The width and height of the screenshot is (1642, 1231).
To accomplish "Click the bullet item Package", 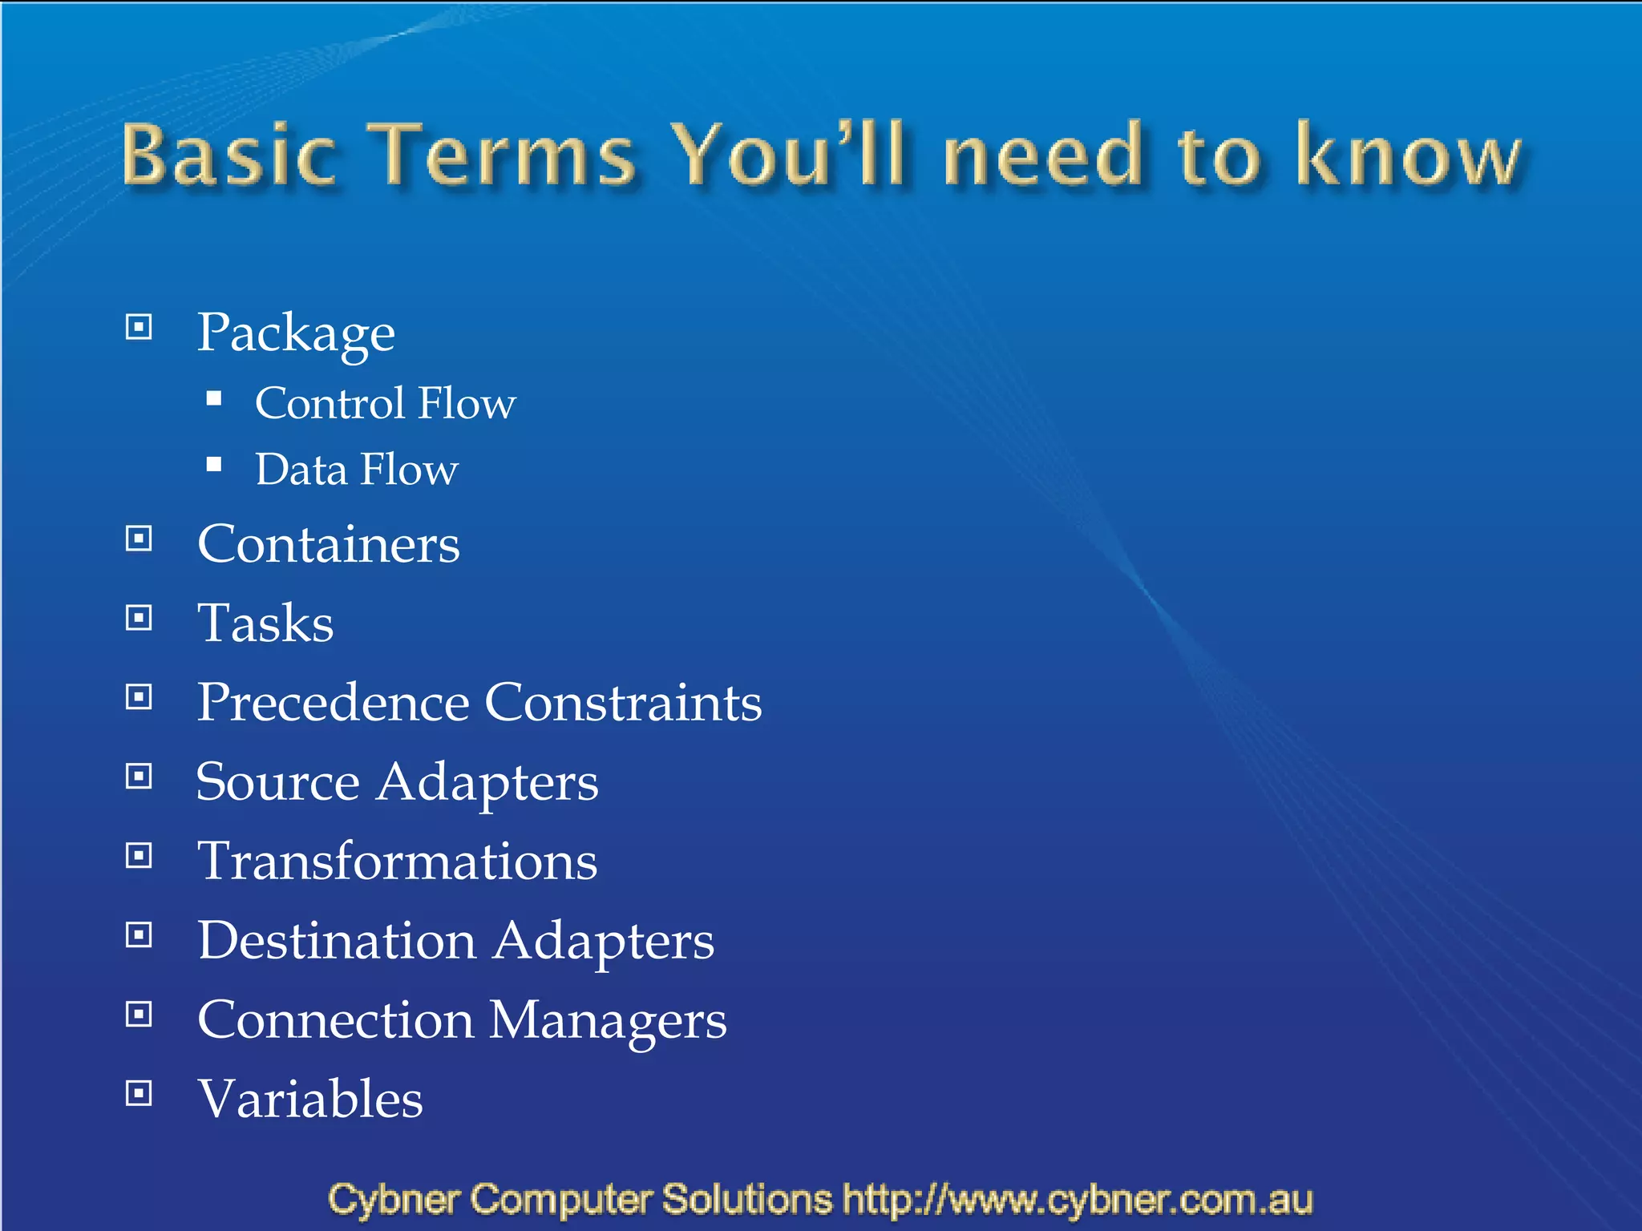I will tap(296, 333).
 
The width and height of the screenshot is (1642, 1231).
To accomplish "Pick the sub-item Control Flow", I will tap(385, 403).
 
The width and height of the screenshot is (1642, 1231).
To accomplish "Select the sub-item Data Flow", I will tap(357, 470).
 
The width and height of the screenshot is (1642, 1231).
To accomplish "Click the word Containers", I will tap(329, 545).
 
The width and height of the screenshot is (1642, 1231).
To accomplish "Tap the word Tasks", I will tap(265, 624).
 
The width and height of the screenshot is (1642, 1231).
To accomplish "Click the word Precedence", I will tap(333, 703).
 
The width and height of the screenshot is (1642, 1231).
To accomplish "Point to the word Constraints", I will tap(623, 703).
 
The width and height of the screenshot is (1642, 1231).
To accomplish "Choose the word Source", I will tap(277, 782).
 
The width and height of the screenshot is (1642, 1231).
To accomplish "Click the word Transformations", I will tap(398, 862).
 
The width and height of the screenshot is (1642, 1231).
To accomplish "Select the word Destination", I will tap(337, 940).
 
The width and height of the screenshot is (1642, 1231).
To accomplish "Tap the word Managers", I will tap(608, 1021).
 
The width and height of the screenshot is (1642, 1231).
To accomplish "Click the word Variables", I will tap(310, 1099).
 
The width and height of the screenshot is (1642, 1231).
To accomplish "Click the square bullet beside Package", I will tap(139, 327).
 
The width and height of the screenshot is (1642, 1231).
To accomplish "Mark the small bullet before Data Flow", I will tap(213, 465).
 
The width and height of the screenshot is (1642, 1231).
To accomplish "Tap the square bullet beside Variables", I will tap(139, 1093).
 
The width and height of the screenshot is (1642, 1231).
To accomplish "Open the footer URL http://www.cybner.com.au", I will tap(1078, 1200).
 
